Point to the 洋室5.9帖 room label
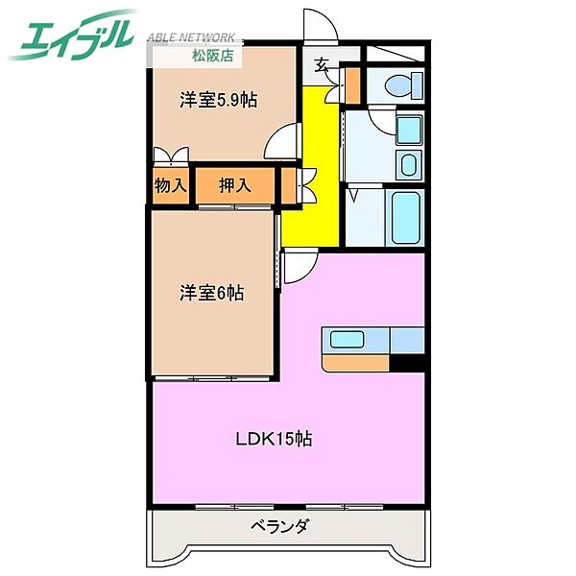pos(220,99)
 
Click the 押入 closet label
pos(235,185)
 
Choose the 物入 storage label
pos(171,185)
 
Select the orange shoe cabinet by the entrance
pos(350,84)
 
